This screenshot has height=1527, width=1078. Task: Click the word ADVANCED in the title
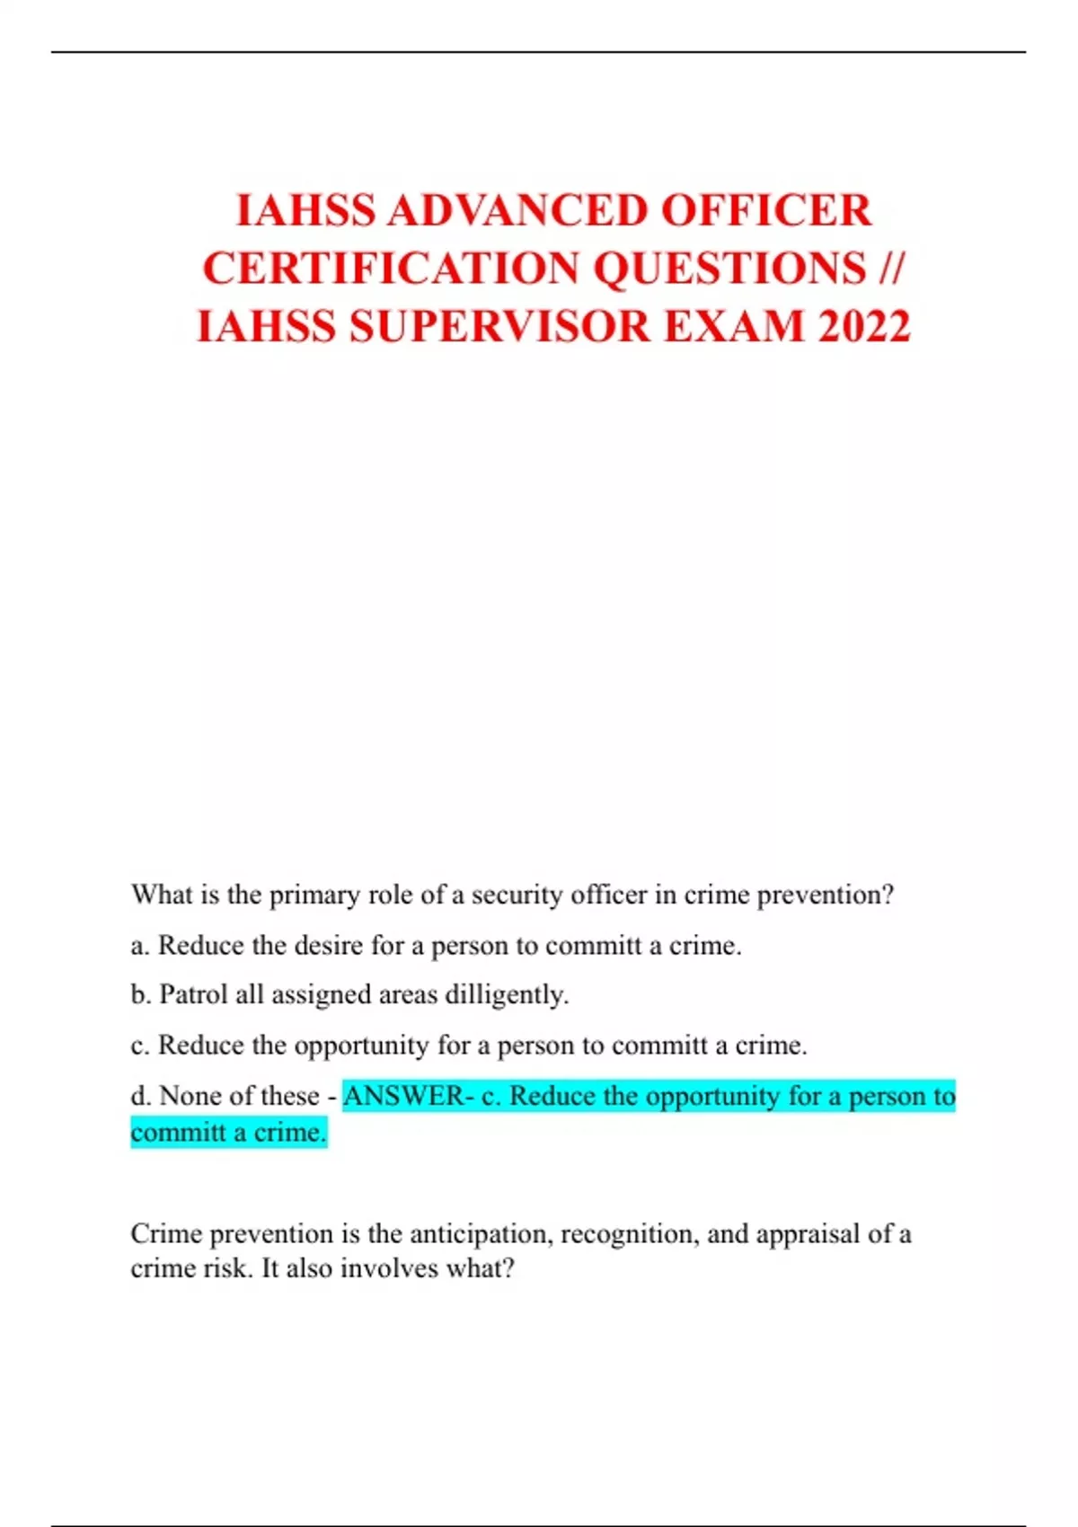pyautogui.click(x=518, y=211)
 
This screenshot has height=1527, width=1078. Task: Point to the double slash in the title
pyautogui.click(x=891, y=269)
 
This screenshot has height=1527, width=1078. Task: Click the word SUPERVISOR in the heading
pyautogui.click(x=499, y=326)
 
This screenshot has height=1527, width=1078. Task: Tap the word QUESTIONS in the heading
pyautogui.click(x=730, y=269)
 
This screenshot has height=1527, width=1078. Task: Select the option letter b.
pyautogui.click(x=138, y=995)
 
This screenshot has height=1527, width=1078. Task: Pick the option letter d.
pyautogui.click(x=139, y=1096)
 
